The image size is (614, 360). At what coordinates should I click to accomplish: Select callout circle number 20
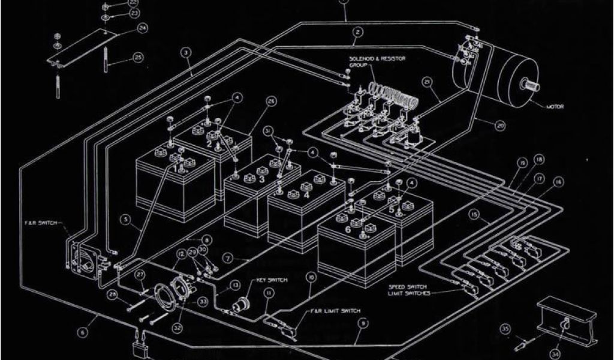click(500, 125)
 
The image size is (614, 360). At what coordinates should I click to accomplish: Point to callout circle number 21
click(427, 82)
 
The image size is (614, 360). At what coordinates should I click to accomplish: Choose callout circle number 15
click(474, 214)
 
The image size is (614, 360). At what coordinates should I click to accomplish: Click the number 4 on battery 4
click(306, 195)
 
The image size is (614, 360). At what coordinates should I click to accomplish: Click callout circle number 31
click(268, 130)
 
